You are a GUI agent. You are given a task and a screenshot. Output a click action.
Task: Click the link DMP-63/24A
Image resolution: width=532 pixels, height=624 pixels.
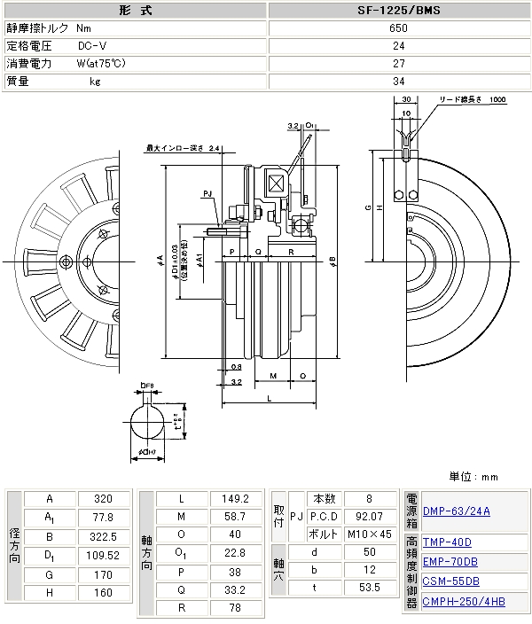coord(457,511)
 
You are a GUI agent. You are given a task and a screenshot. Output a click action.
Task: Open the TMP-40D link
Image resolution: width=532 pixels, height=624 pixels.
coord(447,542)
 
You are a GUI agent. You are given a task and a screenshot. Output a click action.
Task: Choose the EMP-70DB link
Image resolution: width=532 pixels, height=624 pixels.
coord(450,561)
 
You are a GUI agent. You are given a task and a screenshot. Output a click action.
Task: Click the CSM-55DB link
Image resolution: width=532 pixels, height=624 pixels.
coord(450,581)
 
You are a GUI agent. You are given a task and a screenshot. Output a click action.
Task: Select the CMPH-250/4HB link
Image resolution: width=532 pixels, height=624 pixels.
coord(464,602)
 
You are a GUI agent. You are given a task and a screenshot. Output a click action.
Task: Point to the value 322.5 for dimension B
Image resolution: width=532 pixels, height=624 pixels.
coord(105,536)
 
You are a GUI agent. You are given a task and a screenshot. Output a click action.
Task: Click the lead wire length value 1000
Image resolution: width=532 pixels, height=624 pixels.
coord(497,99)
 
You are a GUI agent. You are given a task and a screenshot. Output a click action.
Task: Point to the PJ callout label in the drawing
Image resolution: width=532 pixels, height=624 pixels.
coord(207,192)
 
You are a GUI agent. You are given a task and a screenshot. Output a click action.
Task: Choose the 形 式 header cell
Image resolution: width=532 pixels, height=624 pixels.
coord(134,12)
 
